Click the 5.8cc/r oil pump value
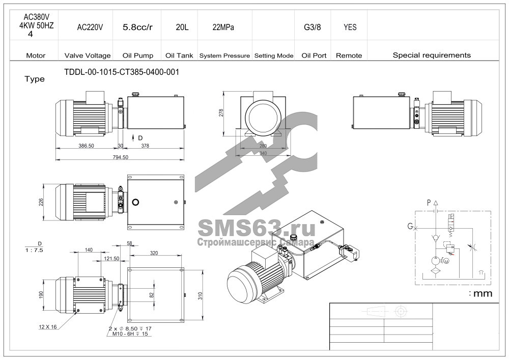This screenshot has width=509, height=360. (x=137, y=27)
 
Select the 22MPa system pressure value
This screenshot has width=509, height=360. (x=223, y=27)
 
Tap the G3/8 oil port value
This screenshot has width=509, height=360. (x=313, y=27)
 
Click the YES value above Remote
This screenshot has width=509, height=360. (x=350, y=27)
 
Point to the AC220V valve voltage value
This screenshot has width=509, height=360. (x=90, y=27)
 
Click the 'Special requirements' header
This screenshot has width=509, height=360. (x=432, y=55)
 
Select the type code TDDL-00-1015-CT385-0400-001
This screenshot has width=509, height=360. (x=122, y=72)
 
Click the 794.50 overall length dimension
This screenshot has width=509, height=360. (x=121, y=157)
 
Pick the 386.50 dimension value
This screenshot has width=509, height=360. (x=86, y=146)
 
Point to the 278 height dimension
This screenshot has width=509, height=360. (x=221, y=113)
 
